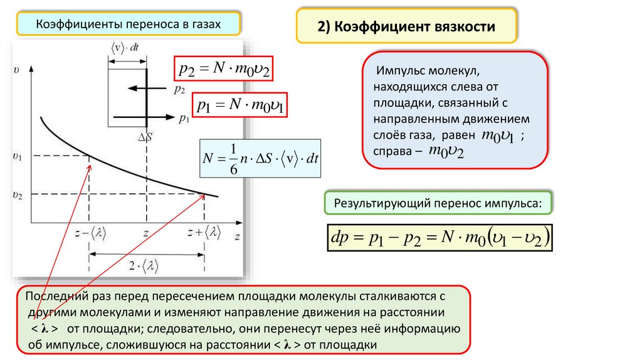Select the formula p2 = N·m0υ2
[224, 68]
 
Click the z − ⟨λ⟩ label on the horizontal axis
[90, 233]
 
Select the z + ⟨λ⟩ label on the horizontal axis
[204, 233]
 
